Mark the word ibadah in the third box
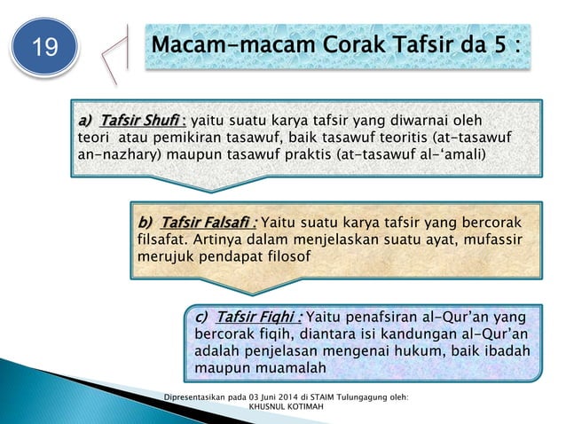tap(506, 350)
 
